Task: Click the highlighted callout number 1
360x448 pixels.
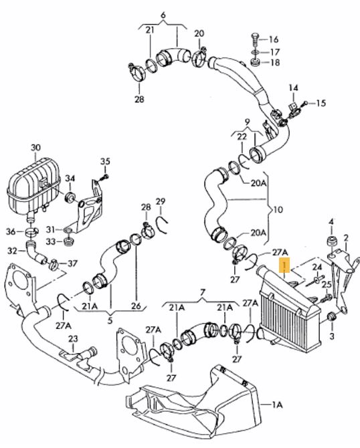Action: coord(284,265)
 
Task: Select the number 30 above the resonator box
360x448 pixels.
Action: coord(35,147)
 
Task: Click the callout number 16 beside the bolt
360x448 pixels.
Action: coord(274,39)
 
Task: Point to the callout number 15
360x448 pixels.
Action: coord(321,103)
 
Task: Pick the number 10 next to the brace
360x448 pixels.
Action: coord(278,209)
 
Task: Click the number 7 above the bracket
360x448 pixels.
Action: coord(203,292)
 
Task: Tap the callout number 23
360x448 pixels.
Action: coord(73,339)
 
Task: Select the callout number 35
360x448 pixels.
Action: coord(105,161)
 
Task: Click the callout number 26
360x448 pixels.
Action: coord(136,306)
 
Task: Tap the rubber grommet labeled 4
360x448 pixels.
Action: coord(332,241)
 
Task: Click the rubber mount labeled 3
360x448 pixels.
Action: coord(332,316)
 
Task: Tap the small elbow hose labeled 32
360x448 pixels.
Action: coord(35,253)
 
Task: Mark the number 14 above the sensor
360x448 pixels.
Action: coord(293,88)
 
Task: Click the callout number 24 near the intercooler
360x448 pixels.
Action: coord(317,267)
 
